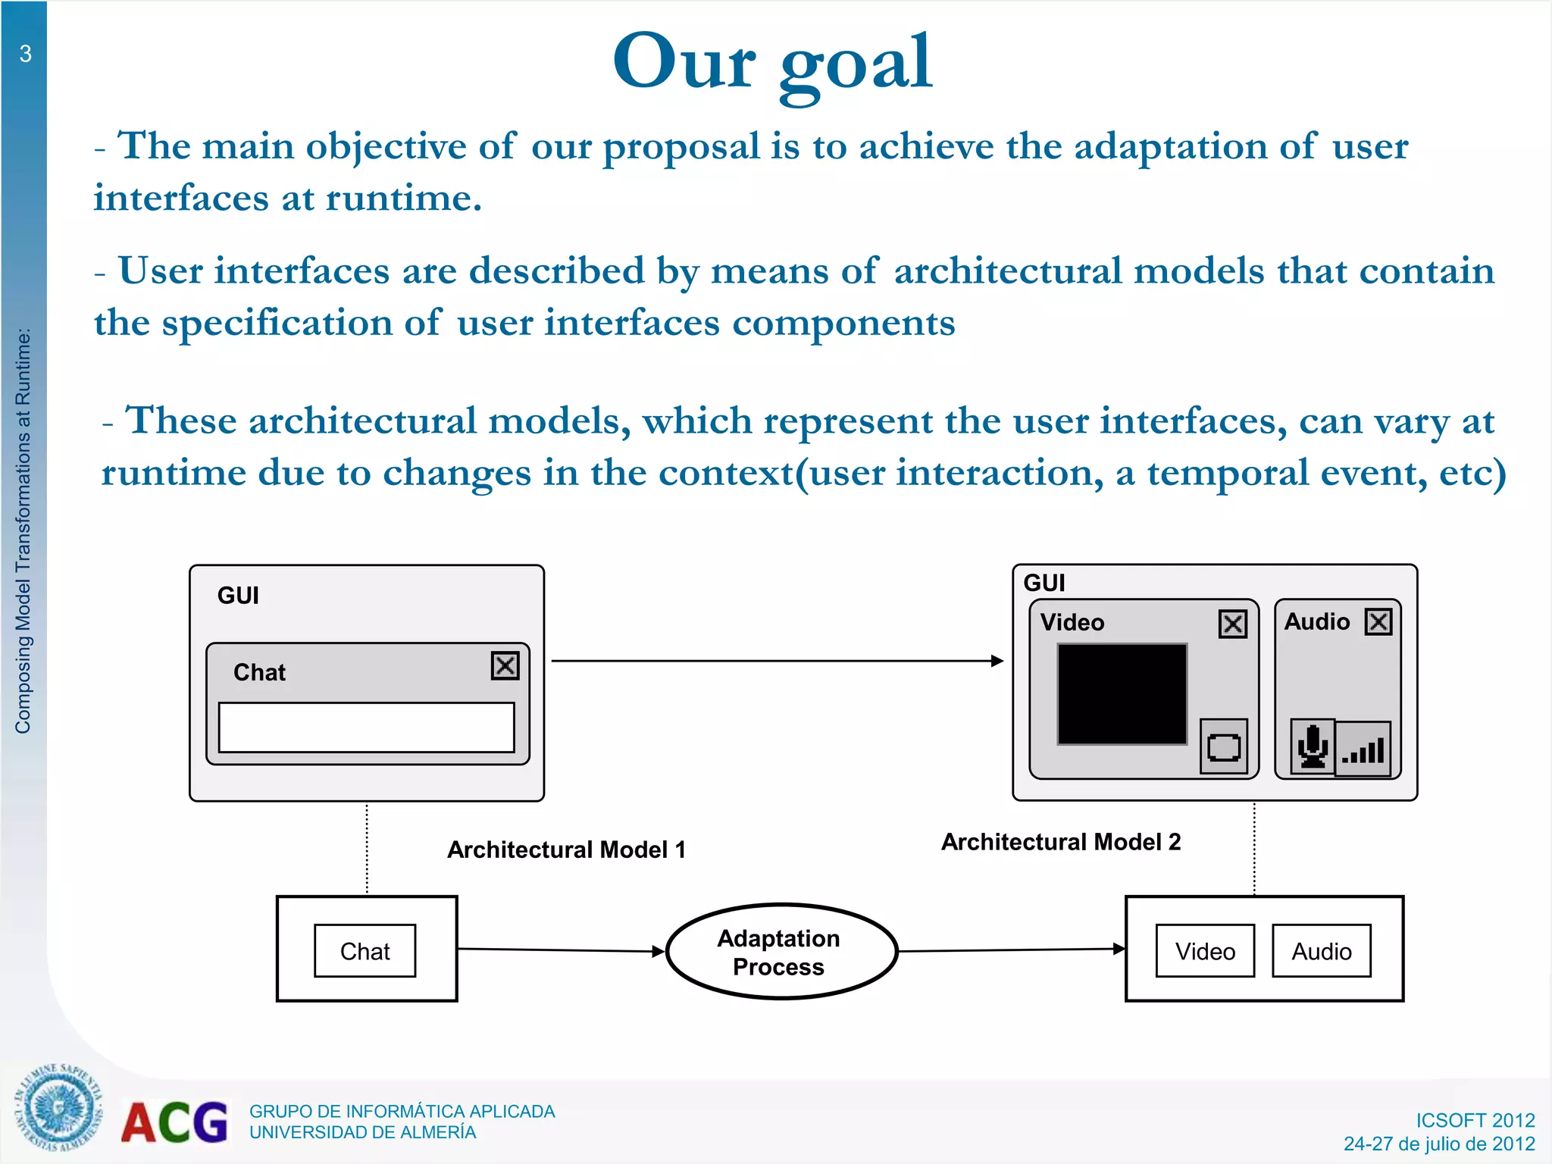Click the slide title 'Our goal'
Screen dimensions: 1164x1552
[x=772, y=62]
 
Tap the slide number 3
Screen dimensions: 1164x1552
[x=25, y=54]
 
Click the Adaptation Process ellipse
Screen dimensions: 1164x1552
[x=781, y=952]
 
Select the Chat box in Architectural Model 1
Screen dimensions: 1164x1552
[x=365, y=951]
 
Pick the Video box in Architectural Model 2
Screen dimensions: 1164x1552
[x=1204, y=951]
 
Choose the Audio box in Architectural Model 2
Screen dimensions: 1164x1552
[x=1321, y=951]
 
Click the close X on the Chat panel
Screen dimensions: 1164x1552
[x=505, y=666]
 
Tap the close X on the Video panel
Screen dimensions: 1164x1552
[x=1232, y=624]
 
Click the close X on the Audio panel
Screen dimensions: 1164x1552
[x=1378, y=622]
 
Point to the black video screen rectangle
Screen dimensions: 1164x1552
[x=1122, y=694]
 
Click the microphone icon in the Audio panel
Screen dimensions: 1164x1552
[x=1313, y=747]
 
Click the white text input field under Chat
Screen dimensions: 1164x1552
[x=366, y=727]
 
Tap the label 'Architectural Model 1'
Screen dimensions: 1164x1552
[x=566, y=850]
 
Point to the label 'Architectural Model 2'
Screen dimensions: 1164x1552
[x=1060, y=842]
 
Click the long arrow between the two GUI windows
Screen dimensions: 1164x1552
[x=777, y=661]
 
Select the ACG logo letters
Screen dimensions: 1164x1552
[x=174, y=1122]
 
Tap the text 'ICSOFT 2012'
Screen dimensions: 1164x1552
[x=1475, y=1120]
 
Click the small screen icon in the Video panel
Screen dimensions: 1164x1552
[x=1223, y=747]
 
